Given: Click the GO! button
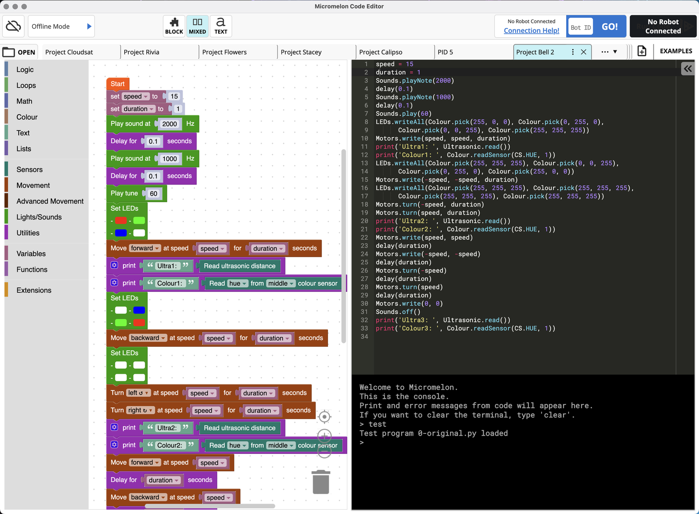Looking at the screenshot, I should [x=610, y=27].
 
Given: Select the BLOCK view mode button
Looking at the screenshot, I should [x=174, y=26].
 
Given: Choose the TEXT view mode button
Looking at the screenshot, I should [x=221, y=26].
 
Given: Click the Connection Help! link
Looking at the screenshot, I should [x=531, y=31].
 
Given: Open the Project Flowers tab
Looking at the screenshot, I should [x=225, y=52].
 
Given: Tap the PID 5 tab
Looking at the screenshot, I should [x=445, y=52].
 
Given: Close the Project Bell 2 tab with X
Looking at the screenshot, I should [x=583, y=52].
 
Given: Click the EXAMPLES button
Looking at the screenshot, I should [x=676, y=51].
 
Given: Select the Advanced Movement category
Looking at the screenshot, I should [x=50, y=201].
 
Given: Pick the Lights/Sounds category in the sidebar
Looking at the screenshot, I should [x=39, y=217].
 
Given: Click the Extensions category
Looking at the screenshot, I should [x=34, y=290].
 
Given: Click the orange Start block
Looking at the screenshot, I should [x=117, y=84].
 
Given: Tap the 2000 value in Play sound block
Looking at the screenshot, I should [x=170, y=124].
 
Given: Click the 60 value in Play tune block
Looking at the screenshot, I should [x=153, y=193].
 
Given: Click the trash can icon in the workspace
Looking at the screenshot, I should [x=321, y=482].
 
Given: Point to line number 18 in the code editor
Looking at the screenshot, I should [x=364, y=205].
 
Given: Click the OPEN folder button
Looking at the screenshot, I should [x=20, y=52].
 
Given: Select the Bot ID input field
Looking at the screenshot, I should [x=580, y=27].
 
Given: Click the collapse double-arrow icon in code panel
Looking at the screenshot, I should [x=688, y=69].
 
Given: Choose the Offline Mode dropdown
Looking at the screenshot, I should [x=62, y=27].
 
